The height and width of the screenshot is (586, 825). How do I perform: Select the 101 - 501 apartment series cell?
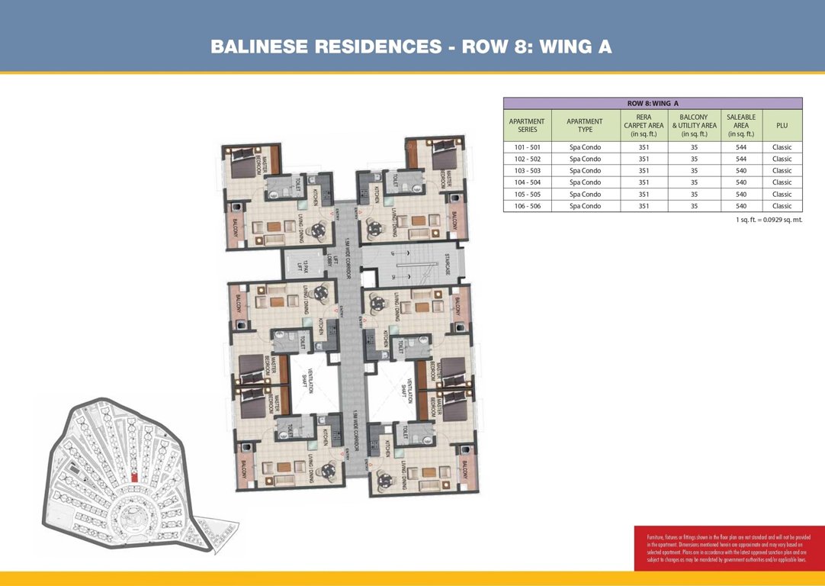(x=527, y=147)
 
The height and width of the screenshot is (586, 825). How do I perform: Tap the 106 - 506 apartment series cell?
(x=527, y=206)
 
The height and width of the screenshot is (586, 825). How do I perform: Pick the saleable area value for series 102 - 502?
(x=741, y=159)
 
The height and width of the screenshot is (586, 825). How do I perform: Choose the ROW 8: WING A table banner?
(x=652, y=102)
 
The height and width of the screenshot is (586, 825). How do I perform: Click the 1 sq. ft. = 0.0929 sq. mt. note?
(x=764, y=220)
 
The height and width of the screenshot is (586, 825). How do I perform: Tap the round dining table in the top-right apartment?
(x=374, y=226)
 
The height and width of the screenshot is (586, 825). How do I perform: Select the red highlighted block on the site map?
(x=134, y=476)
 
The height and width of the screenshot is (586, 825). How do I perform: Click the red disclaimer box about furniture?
(x=729, y=547)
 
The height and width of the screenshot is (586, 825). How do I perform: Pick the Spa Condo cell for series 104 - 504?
(x=585, y=182)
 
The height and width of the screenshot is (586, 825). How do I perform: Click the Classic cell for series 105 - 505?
(x=782, y=195)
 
